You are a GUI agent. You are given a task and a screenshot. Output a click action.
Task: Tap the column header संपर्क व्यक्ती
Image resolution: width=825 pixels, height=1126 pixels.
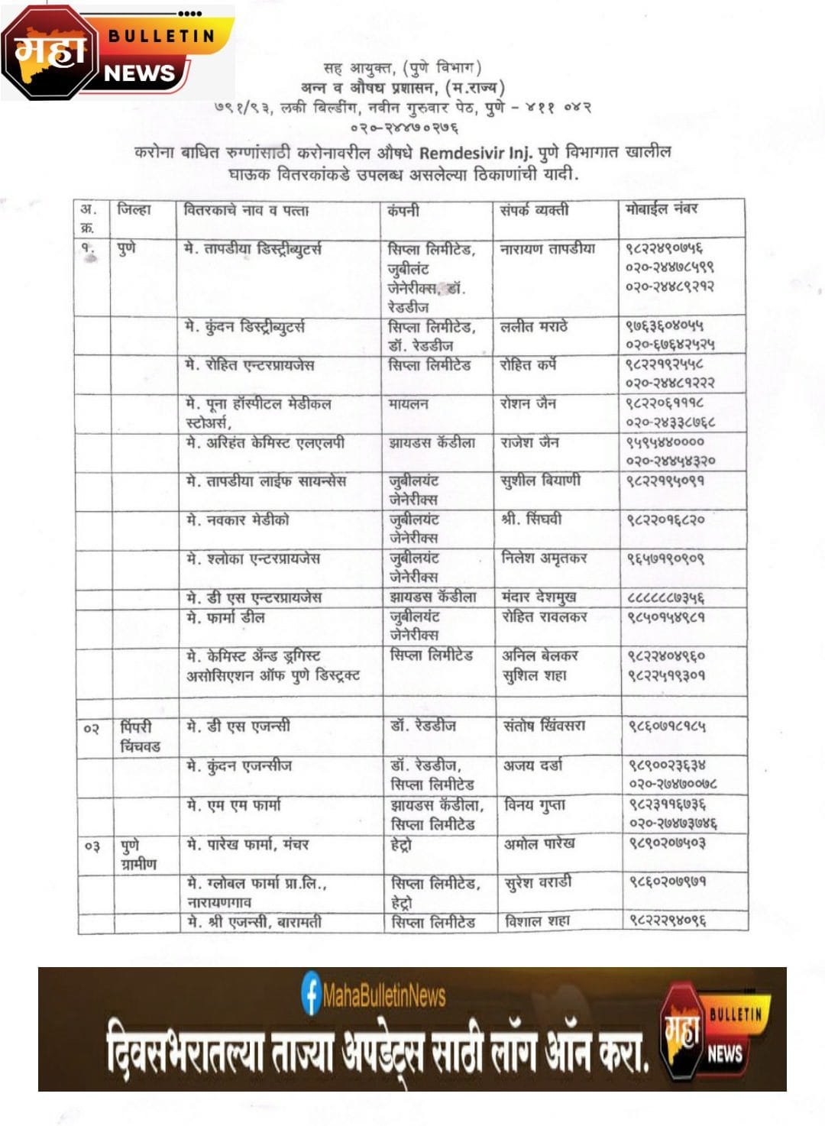coord(534,210)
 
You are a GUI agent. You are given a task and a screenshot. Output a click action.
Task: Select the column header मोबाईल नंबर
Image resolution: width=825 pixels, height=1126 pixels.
coord(662,209)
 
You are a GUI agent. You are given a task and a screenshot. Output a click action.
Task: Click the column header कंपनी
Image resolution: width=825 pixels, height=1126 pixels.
coord(403,210)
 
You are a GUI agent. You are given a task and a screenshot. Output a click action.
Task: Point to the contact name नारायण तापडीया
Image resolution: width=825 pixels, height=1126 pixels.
coord(547,249)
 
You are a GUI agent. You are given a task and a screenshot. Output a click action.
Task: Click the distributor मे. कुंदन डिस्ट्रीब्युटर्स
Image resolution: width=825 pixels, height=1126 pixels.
coord(245,327)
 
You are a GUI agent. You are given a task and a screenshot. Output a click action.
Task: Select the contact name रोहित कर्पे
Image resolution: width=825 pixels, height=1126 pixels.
coord(528,365)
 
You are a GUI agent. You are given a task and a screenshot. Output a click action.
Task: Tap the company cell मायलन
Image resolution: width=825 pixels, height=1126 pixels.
coord(408,403)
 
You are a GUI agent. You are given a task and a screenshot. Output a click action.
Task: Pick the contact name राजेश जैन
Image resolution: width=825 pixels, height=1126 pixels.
coord(529,442)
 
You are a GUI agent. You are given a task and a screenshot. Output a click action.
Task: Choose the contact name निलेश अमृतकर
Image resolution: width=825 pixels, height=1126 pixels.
coord(544,558)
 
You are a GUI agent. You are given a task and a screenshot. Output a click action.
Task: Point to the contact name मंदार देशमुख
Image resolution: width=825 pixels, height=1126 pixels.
coord(539,597)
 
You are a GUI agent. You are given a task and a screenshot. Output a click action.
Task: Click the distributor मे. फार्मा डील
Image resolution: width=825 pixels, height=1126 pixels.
coord(226,616)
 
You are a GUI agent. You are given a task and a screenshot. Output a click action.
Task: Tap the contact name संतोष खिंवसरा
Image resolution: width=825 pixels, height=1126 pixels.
coord(544,726)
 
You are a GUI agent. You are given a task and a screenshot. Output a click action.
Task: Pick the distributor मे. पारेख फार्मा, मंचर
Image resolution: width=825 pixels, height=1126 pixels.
coord(247,844)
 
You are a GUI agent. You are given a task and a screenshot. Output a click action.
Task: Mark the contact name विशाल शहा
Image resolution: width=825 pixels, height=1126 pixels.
coord(537,922)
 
